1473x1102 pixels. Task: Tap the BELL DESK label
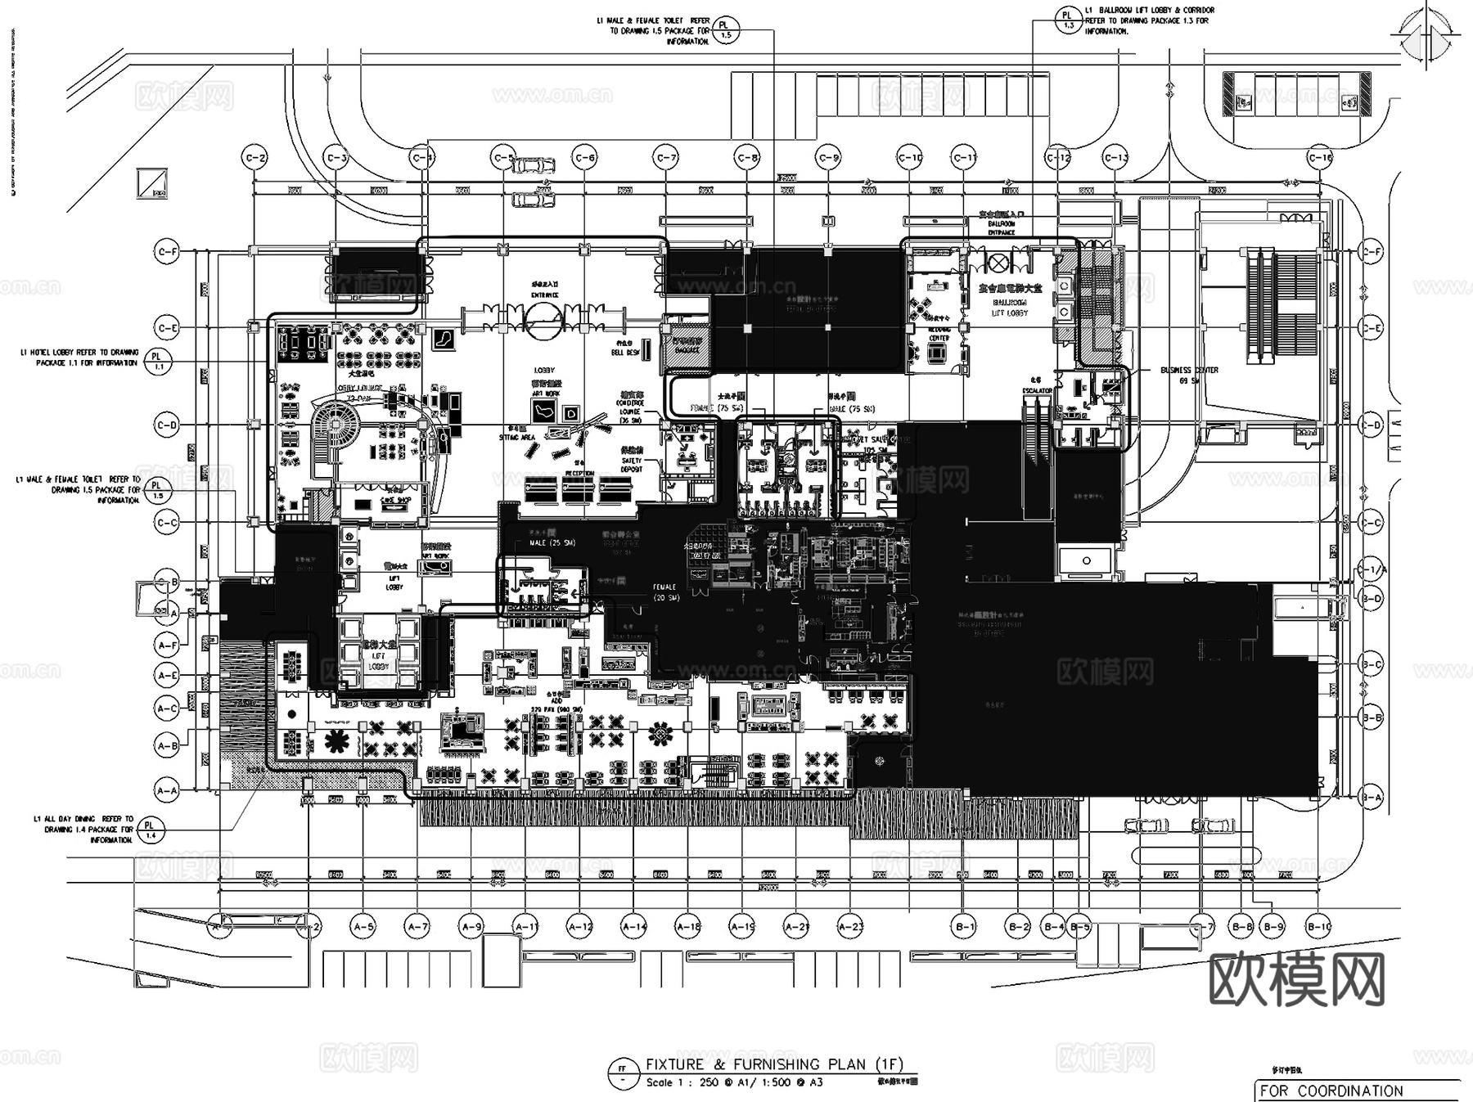(626, 349)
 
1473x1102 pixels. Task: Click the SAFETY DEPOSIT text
(632, 465)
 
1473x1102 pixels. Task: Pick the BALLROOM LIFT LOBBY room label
(1009, 308)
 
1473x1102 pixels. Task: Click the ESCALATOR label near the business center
(1037, 390)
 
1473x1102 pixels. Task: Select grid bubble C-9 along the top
(828, 158)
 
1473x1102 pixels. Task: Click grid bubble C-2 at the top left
(256, 158)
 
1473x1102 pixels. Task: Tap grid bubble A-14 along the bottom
(634, 927)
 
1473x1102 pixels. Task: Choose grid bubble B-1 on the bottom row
(965, 927)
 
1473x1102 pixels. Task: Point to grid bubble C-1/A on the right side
(1372, 569)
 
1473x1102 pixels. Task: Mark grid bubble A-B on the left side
(167, 745)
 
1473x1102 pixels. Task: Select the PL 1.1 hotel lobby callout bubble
(157, 362)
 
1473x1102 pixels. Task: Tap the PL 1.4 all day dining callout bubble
(150, 830)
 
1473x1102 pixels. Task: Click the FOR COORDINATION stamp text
(1331, 1091)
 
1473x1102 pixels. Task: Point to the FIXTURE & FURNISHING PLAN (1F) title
(773, 1064)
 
